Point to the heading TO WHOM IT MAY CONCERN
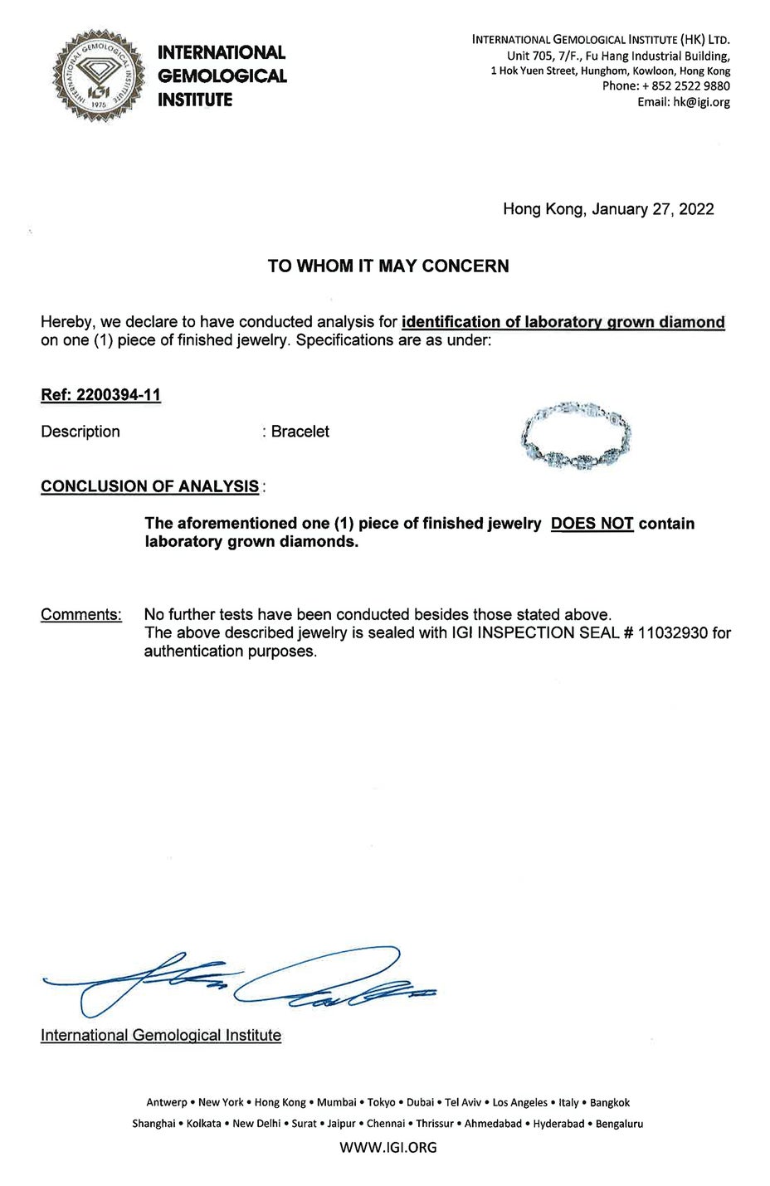[388, 266]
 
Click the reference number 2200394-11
[118, 395]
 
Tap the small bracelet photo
[573, 437]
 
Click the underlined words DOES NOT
[592, 524]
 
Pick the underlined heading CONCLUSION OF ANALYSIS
[149, 486]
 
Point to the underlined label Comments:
[81, 615]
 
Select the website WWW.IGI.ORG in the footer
[388, 1148]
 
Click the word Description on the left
[80, 432]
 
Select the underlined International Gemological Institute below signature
[161, 1035]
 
